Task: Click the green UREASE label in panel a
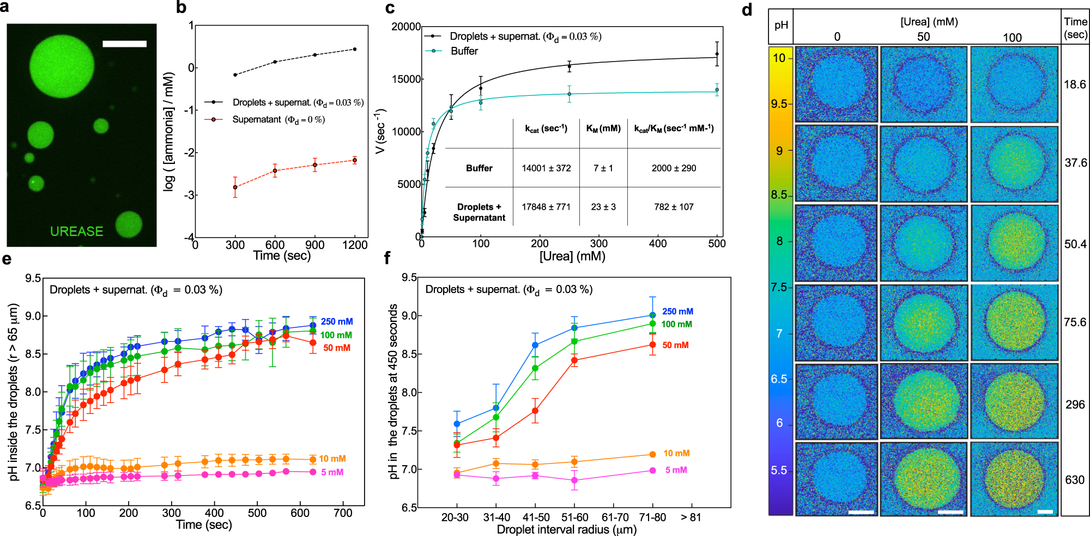click(x=76, y=232)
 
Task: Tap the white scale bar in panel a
click(x=124, y=44)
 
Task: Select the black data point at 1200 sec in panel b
click(x=355, y=49)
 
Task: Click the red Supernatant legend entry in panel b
click(x=278, y=119)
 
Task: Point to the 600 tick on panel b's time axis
click(x=275, y=245)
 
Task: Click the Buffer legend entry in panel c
click(x=464, y=51)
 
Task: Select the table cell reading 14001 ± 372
click(x=546, y=168)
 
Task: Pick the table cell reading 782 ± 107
click(x=674, y=207)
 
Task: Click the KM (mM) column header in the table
click(x=603, y=129)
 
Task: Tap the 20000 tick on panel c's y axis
click(x=406, y=27)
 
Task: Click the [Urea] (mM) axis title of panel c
click(x=572, y=256)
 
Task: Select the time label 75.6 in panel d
click(x=1075, y=322)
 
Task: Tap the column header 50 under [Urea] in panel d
click(x=923, y=36)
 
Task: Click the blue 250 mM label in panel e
click(x=336, y=321)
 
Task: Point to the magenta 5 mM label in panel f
click(x=676, y=470)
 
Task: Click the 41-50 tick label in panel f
click(x=536, y=517)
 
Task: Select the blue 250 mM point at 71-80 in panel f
click(x=652, y=315)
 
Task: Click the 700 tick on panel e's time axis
click(x=343, y=513)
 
